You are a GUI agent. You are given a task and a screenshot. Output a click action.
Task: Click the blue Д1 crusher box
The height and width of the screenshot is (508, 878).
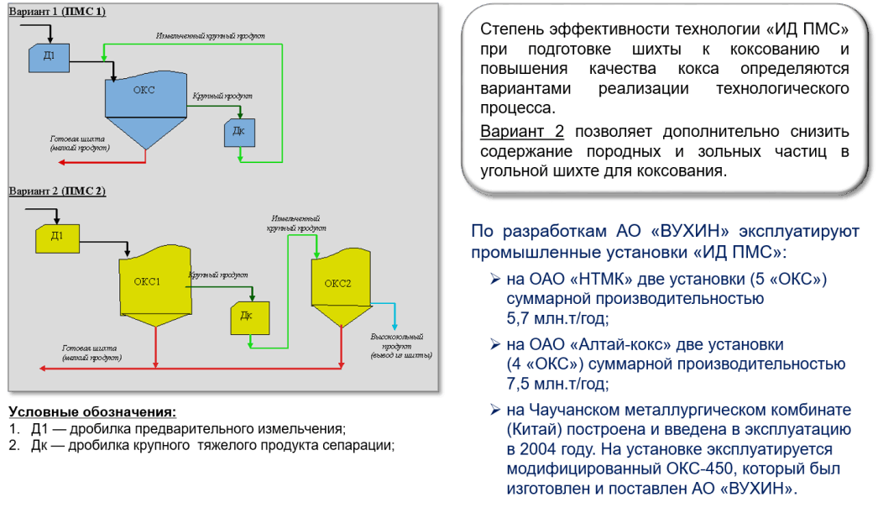click(48, 56)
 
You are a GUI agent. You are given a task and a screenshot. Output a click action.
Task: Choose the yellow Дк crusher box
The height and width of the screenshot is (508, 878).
click(246, 317)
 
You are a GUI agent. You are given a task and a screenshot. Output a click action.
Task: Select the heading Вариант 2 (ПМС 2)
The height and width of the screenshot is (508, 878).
click(57, 191)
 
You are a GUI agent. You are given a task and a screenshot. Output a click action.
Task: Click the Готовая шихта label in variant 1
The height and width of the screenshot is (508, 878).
click(78, 142)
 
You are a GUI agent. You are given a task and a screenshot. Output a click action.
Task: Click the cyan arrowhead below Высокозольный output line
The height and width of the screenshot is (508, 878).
click(395, 328)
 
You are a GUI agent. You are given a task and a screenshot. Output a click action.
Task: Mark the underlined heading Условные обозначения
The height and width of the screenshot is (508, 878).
click(92, 412)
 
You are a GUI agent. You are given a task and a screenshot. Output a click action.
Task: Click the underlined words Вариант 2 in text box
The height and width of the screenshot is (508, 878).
click(522, 132)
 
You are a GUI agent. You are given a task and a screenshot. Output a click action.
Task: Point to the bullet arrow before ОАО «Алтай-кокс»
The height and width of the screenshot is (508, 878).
click(495, 343)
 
